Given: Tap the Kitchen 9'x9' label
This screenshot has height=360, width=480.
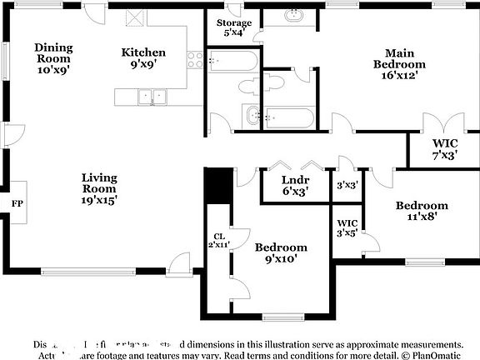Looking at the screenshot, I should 143,58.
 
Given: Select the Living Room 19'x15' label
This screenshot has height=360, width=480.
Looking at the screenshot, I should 99,188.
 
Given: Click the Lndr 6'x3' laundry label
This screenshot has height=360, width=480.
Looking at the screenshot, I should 295,185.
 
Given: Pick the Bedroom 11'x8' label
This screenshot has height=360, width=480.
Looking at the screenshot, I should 421,211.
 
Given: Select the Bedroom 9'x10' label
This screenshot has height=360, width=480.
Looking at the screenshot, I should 280,252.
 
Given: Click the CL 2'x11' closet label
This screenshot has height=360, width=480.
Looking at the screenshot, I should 218,241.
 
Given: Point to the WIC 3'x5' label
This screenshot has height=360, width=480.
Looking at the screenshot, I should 347,228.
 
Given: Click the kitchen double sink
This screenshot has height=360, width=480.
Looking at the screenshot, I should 152,97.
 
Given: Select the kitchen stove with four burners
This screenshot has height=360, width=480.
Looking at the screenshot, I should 196,59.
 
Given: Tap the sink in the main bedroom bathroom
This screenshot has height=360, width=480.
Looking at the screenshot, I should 293,16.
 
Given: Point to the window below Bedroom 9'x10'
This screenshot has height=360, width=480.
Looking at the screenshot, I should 281,316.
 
